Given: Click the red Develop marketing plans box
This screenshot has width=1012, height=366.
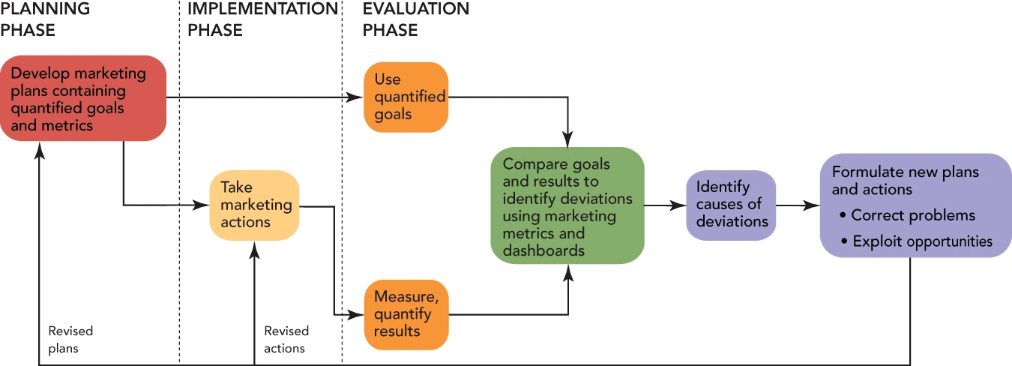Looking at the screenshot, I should (82, 98).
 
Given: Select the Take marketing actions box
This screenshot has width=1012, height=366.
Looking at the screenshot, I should (254, 205).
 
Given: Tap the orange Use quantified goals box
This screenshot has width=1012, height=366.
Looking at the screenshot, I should (406, 97).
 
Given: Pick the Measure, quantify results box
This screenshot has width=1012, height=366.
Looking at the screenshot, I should (406, 314).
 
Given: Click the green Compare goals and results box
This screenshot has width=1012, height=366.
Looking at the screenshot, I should (567, 206).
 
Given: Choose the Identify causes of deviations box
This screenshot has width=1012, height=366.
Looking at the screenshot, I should (731, 205).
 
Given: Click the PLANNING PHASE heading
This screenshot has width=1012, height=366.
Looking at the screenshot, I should (45, 19).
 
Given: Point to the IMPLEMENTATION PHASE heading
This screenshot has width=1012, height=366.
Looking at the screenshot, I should (262, 19).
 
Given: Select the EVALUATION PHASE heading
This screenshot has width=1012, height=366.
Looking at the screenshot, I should (416, 19).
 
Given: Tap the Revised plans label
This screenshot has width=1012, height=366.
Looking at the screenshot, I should (70, 339).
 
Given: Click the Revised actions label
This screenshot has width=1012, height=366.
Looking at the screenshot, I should (286, 339).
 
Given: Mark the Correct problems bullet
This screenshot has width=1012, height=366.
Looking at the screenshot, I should (913, 215).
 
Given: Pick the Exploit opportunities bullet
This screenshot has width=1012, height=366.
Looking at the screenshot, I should (922, 241).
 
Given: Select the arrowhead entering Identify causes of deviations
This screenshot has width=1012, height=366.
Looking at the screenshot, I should (679, 205).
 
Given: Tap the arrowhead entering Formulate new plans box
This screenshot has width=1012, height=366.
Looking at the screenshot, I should (813, 205).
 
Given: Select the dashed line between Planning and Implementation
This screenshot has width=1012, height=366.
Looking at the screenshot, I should (179, 187).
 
